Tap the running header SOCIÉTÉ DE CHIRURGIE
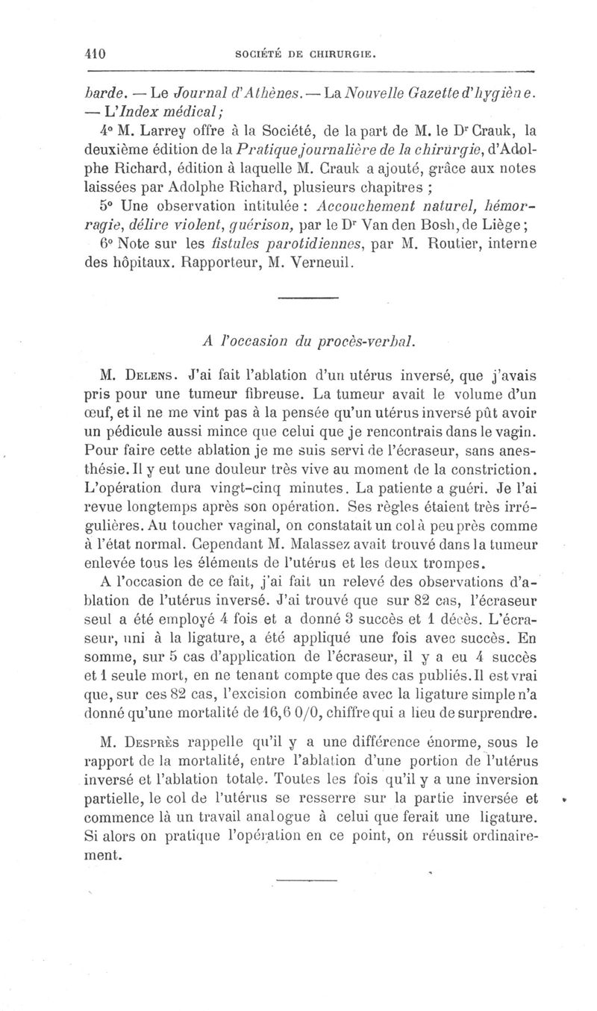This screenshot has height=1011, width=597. coord(310,54)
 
